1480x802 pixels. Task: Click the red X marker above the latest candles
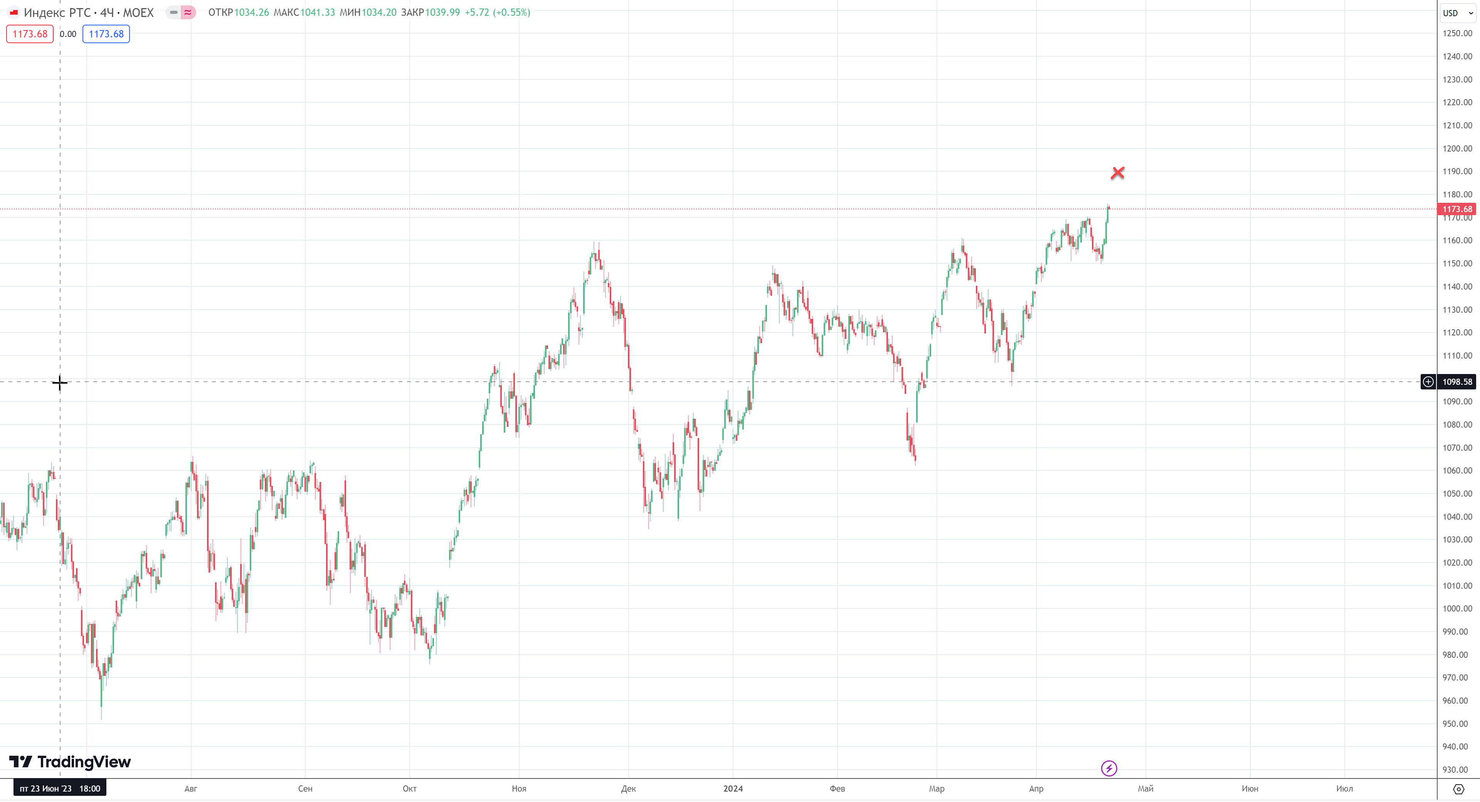click(x=1117, y=172)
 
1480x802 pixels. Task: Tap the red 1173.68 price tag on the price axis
click(x=1457, y=209)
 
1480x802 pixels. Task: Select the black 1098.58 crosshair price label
click(x=1457, y=382)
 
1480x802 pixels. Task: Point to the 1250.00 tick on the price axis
click(x=1457, y=33)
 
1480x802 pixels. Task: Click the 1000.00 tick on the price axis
click(x=1457, y=608)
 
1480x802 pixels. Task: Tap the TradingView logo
click(x=70, y=762)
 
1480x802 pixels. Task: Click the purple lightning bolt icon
click(x=1109, y=768)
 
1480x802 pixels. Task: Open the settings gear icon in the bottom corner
click(x=1458, y=789)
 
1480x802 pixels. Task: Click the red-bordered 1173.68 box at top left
click(x=30, y=34)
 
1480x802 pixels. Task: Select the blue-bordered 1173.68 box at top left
click(x=106, y=34)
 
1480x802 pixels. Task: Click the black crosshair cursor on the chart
click(x=60, y=382)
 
